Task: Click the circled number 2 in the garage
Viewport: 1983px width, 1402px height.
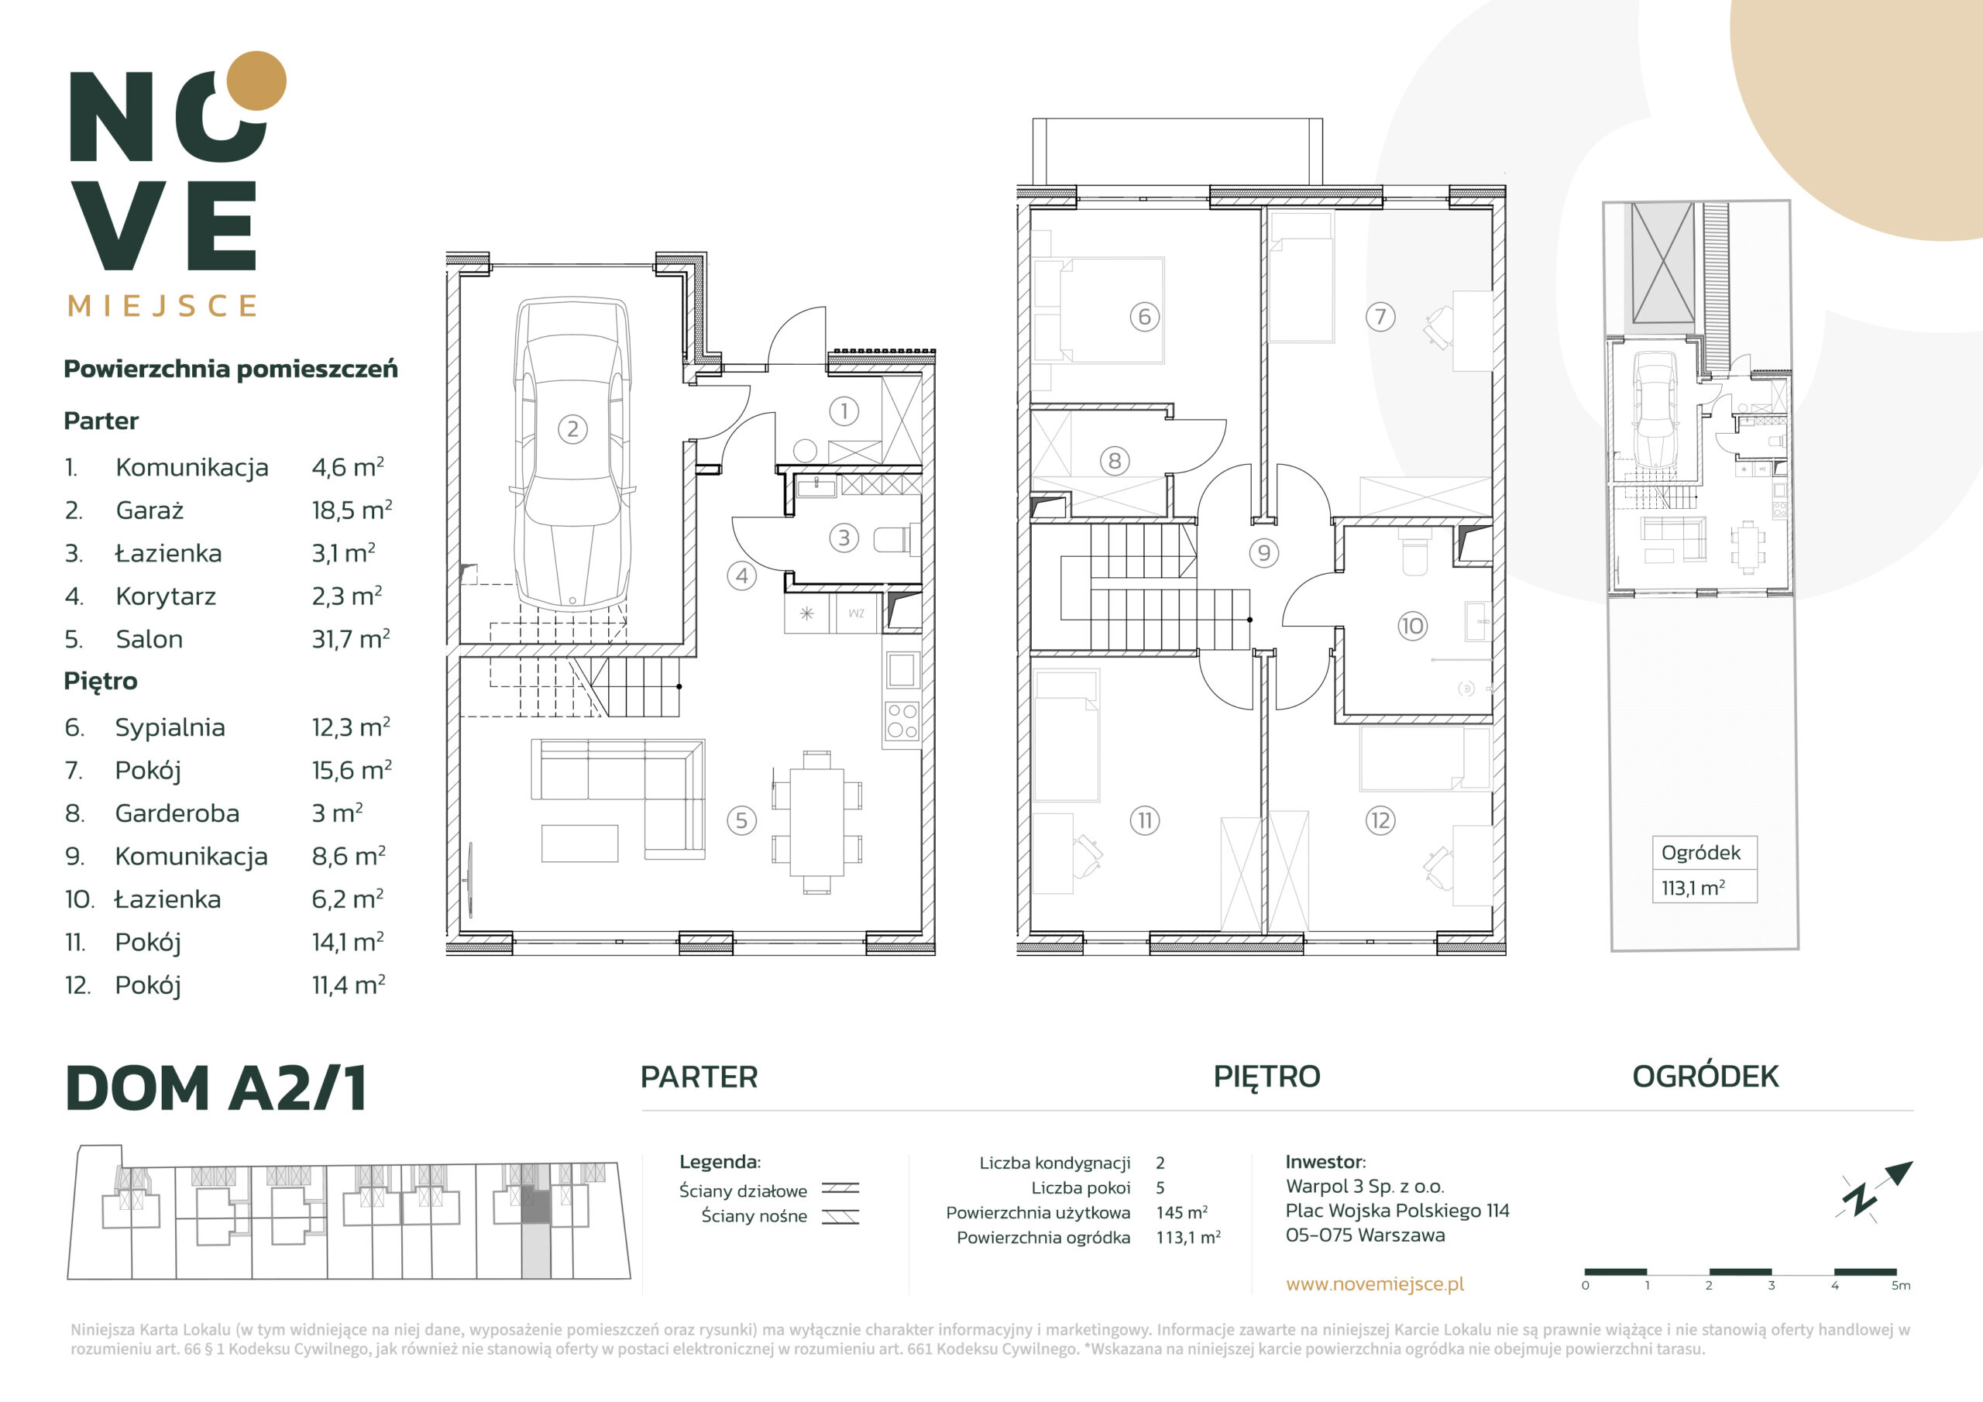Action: click(x=572, y=428)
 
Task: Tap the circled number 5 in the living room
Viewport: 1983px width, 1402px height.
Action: click(x=741, y=820)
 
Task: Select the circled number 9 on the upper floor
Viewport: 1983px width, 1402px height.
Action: click(x=1263, y=553)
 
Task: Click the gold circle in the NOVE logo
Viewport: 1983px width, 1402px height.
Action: click(x=256, y=81)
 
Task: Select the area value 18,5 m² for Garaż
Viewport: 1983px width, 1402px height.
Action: click(x=352, y=510)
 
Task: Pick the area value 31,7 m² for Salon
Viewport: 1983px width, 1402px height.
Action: click(x=351, y=638)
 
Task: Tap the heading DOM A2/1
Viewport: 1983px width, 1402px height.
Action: click(x=217, y=1088)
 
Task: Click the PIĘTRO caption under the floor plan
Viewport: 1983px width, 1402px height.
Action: click(x=1267, y=1077)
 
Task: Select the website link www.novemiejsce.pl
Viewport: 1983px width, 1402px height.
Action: click(x=1375, y=1283)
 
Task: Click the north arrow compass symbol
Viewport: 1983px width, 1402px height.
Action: click(x=1875, y=1191)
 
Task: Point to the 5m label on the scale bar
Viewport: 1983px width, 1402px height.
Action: click(x=1901, y=1285)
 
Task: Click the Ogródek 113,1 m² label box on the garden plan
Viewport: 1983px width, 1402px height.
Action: click(x=1704, y=869)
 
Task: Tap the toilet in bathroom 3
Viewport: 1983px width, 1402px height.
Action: click(x=895, y=540)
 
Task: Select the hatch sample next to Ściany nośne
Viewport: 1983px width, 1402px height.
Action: click(x=840, y=1217)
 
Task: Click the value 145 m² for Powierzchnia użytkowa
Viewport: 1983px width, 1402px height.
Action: click(x=1181, y=1212)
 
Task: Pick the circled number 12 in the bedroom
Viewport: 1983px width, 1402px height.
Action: click(x=1380, y=820)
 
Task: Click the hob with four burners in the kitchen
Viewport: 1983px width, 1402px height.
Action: click(x=902, y=720)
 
